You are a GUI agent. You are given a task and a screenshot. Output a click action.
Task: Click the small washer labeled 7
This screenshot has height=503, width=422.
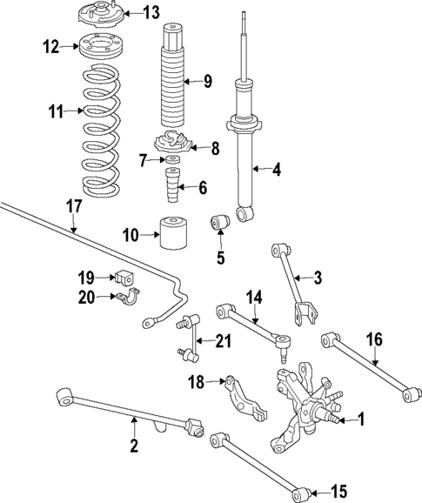click(x=172, y=161)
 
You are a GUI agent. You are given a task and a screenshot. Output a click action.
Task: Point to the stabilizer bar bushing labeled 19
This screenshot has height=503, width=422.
click(x=124, y=278)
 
